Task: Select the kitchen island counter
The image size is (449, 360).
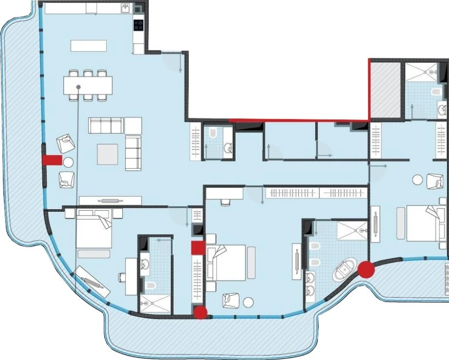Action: point(89,45)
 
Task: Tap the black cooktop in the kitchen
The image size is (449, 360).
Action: point(138,23)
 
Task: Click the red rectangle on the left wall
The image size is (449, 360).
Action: point(51,160)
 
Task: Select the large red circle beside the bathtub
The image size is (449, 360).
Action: point(367,269)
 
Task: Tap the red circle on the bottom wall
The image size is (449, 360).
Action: point(201,313)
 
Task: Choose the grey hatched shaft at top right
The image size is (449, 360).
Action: point(385,89)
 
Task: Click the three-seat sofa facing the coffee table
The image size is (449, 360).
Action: point(106,125)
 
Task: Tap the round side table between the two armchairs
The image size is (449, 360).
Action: point(67,162)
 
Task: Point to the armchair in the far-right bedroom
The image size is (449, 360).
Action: point(435,180)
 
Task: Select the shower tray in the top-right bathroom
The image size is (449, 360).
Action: point(421,72)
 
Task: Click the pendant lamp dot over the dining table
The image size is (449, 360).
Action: point(78,87)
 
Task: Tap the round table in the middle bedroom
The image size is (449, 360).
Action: point(248,301)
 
